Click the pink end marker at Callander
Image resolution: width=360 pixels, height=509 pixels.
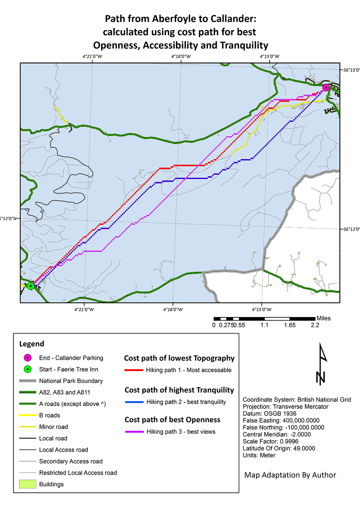click(326, 88)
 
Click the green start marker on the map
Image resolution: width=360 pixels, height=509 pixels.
click(31, 286)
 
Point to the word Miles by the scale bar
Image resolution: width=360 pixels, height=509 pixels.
click(323, 318)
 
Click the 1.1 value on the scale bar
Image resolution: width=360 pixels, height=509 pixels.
click(264, 325)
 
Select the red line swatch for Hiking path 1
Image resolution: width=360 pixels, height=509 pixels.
click(134, 370)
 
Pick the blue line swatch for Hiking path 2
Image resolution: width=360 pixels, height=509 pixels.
click(134, 402)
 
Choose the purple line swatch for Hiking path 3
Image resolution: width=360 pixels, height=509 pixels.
click(134, 432)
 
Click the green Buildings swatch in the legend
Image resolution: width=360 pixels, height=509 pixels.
click(28, 484)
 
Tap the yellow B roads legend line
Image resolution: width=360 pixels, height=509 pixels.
click(28, 415)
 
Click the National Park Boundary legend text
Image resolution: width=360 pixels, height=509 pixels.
click(71, 381)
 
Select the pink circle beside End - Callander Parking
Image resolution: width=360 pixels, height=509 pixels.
click(28, 358)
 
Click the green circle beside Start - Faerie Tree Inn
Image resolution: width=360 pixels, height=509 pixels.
click(28, 369)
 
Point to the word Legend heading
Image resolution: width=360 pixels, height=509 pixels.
click(32, 344)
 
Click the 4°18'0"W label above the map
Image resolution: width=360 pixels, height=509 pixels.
click(181, 57)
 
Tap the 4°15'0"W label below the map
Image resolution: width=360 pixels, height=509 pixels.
click(261, 309)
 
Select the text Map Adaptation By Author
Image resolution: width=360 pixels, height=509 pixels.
click(290, 475)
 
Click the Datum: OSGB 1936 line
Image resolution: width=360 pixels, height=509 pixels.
click(270, 414)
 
